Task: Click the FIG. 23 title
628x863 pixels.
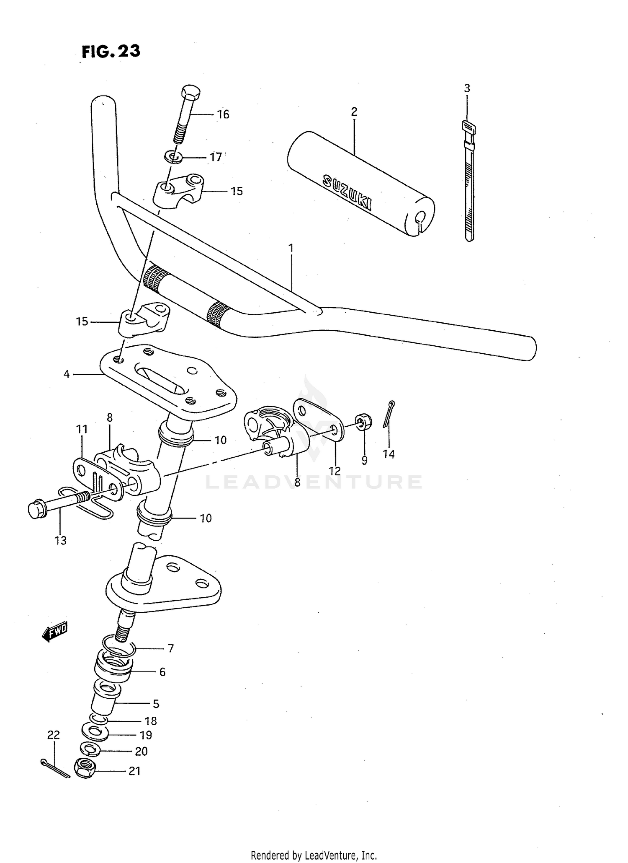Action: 111,51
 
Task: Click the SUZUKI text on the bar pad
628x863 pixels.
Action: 347,192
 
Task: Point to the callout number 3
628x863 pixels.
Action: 467,88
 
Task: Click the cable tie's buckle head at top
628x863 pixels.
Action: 468,127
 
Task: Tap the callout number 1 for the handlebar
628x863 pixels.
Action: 291,248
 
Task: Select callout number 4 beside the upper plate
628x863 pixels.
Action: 67,374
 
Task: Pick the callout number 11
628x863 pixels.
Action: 82,429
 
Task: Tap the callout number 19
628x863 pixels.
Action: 146,735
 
